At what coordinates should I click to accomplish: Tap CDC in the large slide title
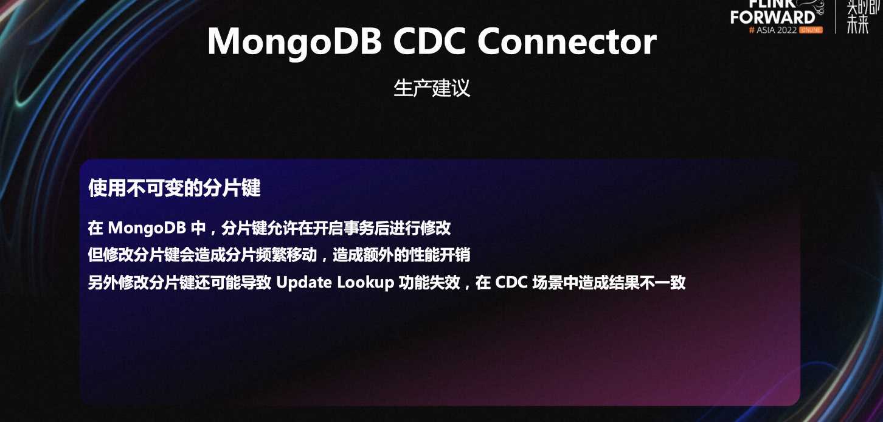pyautogui.click(x=430, y=41)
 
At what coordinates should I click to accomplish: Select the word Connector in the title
pyautogui.click(x=567, y=41)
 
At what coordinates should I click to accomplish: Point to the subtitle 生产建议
pyautogui.click(x=432, y=88)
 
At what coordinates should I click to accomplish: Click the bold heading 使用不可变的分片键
pyautogui.click(x=175, y=187)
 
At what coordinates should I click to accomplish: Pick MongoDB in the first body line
pyautogui.click(x=147, y=228)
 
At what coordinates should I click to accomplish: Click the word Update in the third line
pyautogui.click(x=304, y=283)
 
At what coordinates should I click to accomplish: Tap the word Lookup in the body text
pyautogui.click(x=365, y=283)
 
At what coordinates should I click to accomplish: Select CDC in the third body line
pyautogui.click(x=511, y=282)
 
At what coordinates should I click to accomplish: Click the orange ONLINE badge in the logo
pyautogui.click(x=811, y=30)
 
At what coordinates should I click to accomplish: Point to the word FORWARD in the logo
pyautogui.click(x=772, y=18)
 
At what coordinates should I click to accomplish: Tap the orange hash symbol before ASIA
pyautogui.click(x=752, y=30)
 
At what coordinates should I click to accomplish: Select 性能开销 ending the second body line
pyautogui.click(x=440, y=255)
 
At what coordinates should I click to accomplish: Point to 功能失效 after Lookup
pyautogui.click(x=429, y=283)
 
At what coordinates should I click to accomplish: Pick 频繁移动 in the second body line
pyautogui.click(x=286, y=255)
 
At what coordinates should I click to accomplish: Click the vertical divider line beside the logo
pyautogui.click(x=836, y=16)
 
